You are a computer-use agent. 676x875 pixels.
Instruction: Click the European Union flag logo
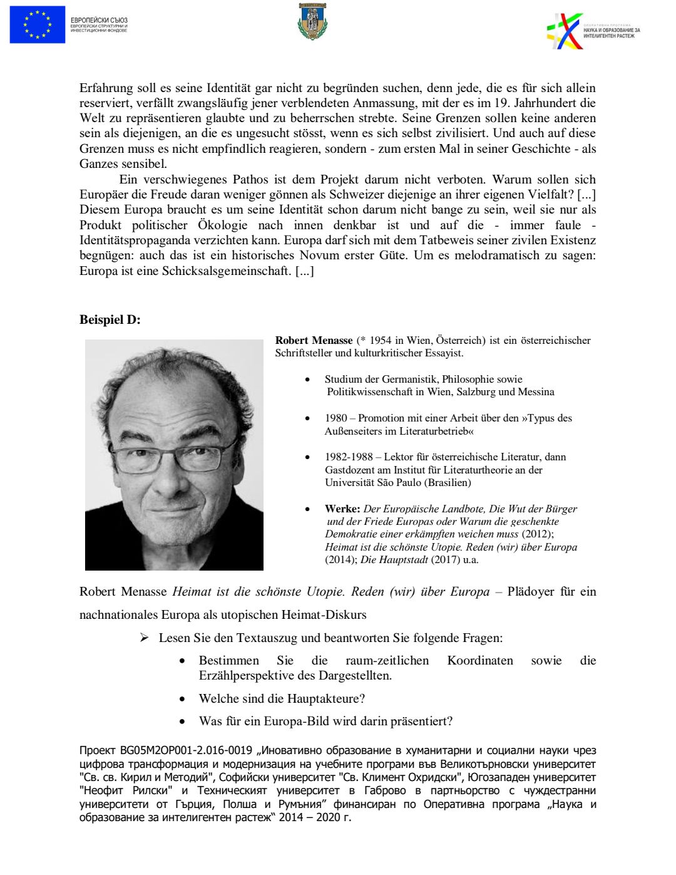pyautogui.click(x=38, y=24)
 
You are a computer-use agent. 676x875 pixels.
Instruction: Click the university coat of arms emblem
pyautogui.click(x=312, y=21)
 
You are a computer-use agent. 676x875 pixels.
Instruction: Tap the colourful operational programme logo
pyautogui.click(x=565, y=31)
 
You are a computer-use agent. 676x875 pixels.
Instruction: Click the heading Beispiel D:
pyautogui.click(x=110, y=320)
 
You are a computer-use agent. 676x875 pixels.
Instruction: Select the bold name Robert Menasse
pyautogui.click(x=314, y=341)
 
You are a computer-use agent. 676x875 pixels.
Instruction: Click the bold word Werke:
pyautogui.click(x=342, y=509)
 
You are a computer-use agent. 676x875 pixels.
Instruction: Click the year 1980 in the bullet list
pyautogui.click(x=336, y=418)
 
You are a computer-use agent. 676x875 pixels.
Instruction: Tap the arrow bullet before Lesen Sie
pyautogui.click(x=145, y=638)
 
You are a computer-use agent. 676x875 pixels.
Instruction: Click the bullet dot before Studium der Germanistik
pyautogui.click(x=307, y=380)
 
